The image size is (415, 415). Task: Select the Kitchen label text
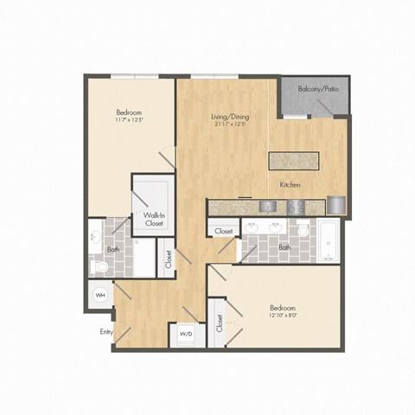290,185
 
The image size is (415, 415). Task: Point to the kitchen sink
268,207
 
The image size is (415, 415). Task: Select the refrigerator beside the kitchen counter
335,206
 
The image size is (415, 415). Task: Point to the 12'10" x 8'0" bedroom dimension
284,317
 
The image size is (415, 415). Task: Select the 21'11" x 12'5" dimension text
231,124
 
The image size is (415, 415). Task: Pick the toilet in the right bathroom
303,233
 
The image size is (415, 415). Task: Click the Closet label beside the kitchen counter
222,232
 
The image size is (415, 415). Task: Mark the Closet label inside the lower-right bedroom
220,323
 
